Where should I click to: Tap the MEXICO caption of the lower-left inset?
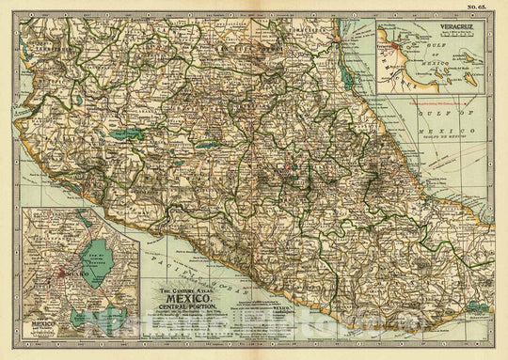click(x=27, y=333)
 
